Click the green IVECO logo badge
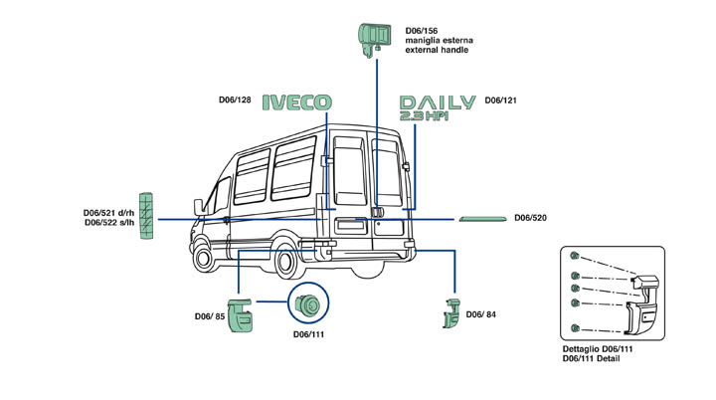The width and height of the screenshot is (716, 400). coord(296,101)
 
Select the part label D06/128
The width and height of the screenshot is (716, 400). coord(235,100)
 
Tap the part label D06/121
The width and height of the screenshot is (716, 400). coord(500,100)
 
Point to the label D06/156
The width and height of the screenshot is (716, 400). coord(423,31)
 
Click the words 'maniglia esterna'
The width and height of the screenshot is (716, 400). coord(439,41)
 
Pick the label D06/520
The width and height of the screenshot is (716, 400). coord(532,217)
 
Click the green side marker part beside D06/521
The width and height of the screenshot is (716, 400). coord(147,215)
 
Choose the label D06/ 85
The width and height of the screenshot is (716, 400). coord(209,316)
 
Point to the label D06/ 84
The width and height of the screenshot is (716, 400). coord(481,315)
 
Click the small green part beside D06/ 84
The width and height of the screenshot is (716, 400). coord(449,312)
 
